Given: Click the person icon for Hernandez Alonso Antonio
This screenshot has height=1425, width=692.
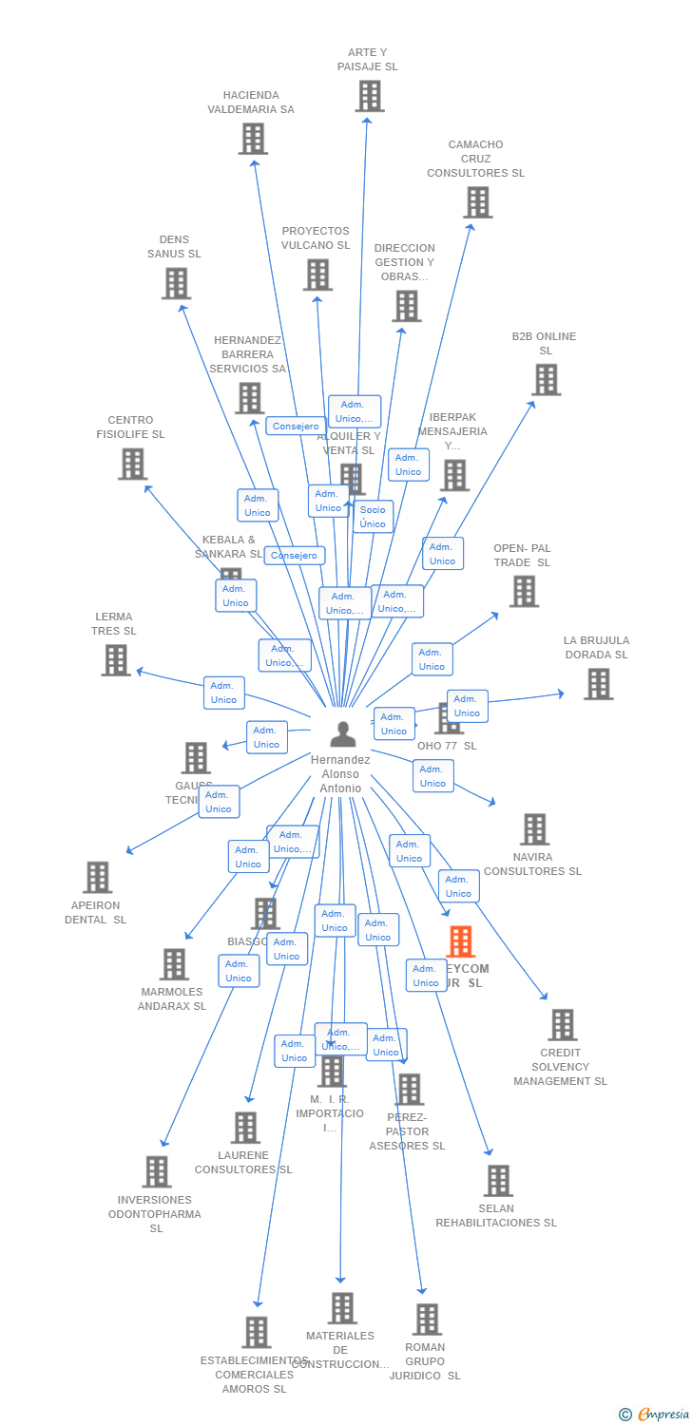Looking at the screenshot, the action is (342, 733).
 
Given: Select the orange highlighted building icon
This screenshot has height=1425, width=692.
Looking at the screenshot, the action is (460, 941).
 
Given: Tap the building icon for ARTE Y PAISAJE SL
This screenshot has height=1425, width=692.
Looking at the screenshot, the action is (370, 96).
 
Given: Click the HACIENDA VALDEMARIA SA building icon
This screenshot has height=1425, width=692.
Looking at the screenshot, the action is (253, 139).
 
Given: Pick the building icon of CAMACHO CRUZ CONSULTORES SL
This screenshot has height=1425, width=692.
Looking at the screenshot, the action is (477, 202).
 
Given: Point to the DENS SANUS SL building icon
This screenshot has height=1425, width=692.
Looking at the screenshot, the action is (176, 283).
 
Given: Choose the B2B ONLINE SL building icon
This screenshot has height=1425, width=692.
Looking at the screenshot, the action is (546, 380).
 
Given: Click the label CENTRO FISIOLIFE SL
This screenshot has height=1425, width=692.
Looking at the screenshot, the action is (130, 427).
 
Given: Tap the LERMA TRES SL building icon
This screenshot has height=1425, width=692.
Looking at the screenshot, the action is (116, 660).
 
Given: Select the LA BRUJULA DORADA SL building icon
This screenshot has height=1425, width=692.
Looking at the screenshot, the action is (598, 684).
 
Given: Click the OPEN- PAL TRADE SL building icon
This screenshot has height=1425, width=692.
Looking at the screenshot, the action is (524, 592).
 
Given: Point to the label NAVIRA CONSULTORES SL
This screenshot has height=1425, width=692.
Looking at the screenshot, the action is (532, 864).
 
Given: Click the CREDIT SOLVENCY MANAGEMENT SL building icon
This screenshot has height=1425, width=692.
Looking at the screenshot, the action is (562, 1025).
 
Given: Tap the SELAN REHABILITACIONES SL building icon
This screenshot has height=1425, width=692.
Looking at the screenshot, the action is (498, 1181).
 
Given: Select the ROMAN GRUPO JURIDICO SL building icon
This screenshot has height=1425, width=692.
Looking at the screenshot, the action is (427, 1320).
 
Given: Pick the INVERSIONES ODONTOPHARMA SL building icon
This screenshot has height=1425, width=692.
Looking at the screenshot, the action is (157, 1172).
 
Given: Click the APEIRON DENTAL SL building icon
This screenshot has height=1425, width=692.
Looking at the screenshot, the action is (97, 878).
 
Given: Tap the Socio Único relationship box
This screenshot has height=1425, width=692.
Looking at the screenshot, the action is (373, 517).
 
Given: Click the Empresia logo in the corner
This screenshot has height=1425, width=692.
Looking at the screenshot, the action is (655, 1415).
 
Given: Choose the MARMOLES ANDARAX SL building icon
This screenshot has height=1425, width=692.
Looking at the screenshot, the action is (174, 964).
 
